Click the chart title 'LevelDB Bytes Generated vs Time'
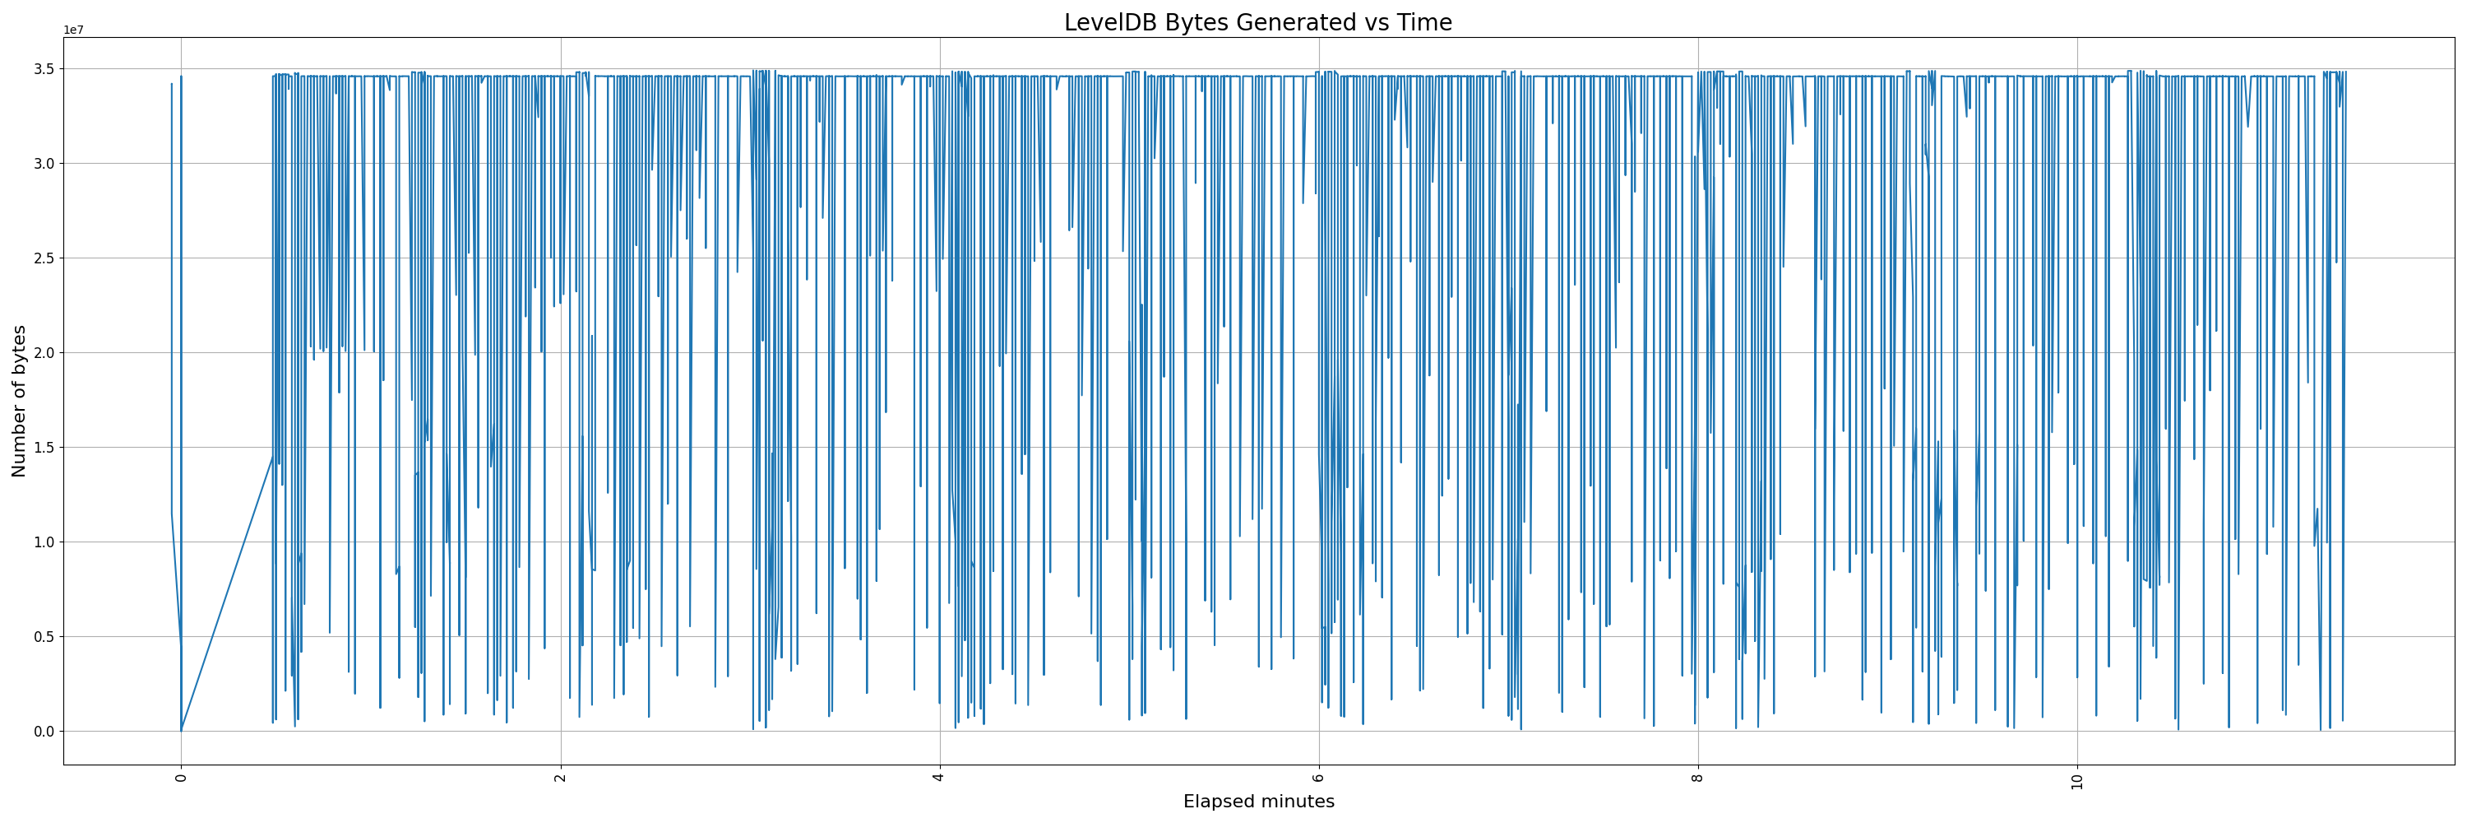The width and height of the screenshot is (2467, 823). pos(1257,23)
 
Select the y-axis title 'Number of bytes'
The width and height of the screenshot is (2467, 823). pos(20,401)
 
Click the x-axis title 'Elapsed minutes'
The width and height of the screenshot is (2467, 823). pos(1257,802)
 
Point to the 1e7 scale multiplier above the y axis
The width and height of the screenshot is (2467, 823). pos(74,30)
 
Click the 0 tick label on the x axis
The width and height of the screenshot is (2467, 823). pos(181,777)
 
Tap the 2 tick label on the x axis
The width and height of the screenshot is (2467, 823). pos(560,777)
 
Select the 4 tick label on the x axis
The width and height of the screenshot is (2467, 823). pos(939,777)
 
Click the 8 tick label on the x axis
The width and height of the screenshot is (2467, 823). pos(1698,777)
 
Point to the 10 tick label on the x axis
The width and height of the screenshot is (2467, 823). pos(2077,781)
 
